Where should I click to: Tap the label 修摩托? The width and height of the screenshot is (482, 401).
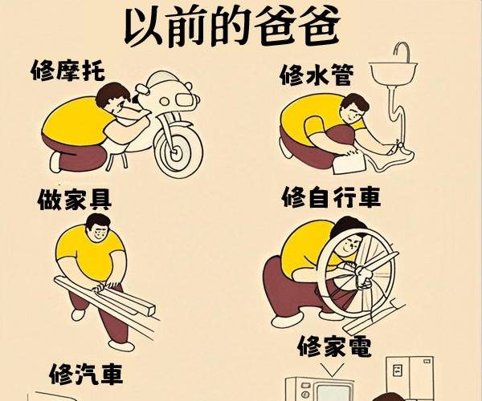point(68,71)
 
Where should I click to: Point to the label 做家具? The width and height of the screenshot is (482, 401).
point(75,200)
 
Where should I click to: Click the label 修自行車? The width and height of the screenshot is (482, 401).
point(332,197)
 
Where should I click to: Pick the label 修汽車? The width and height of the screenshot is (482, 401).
point(87,374)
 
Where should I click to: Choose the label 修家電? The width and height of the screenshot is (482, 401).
point(335,346)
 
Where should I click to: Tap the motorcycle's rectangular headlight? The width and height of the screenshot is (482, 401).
point(185,99)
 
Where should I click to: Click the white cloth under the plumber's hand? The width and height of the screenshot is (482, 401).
point(349,164)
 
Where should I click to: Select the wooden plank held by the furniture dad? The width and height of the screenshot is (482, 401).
point(104,295)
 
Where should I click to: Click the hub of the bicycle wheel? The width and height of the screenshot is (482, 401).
point(360,272)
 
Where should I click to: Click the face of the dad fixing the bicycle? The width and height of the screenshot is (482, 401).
point(349,244)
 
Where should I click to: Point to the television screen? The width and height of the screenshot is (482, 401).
point(333,393)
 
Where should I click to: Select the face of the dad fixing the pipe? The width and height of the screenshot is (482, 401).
point(353,111)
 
